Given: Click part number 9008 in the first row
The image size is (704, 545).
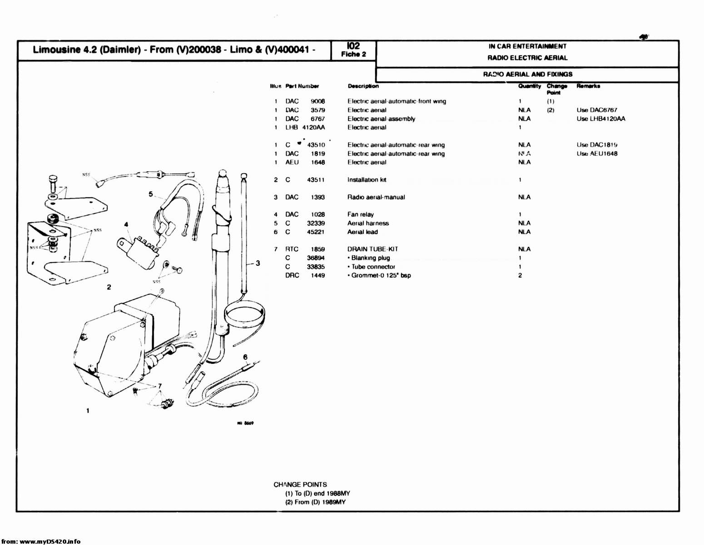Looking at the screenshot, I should (x=317, y=101).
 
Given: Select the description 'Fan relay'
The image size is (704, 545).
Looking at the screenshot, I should (x=361, y=214).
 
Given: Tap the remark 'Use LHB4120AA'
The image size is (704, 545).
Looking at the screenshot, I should (x=601, y=119).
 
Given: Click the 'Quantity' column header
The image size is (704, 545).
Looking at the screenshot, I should (x=529, y=86).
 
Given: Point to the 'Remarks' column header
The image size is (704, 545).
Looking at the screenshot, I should (x=588, y=86).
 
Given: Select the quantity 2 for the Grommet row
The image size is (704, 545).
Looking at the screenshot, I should (x=520, y=275).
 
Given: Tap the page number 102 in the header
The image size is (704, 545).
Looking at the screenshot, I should (x=353, y=46).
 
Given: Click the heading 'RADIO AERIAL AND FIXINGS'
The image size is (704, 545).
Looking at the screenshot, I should (x=527, y=74).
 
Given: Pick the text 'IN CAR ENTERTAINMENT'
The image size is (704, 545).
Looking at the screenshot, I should (x=527, y=46).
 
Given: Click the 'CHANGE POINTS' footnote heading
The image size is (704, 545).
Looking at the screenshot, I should (x=300, y=485).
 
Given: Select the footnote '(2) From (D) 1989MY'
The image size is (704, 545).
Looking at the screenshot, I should (x=315, y=502).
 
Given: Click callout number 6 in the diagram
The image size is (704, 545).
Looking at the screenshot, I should (x=245, y=357).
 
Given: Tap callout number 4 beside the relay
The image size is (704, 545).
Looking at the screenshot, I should (x=126, y=224).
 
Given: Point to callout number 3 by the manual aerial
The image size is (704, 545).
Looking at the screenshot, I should (x=258, y=263).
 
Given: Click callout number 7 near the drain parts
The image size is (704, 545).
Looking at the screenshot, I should (x=159, y=386).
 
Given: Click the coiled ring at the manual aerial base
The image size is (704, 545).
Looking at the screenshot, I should (x=244, y=314).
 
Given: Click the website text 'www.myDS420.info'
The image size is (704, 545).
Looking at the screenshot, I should (x=50, y=541).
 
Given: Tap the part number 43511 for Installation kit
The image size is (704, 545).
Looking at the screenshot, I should (x=316, y=180).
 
